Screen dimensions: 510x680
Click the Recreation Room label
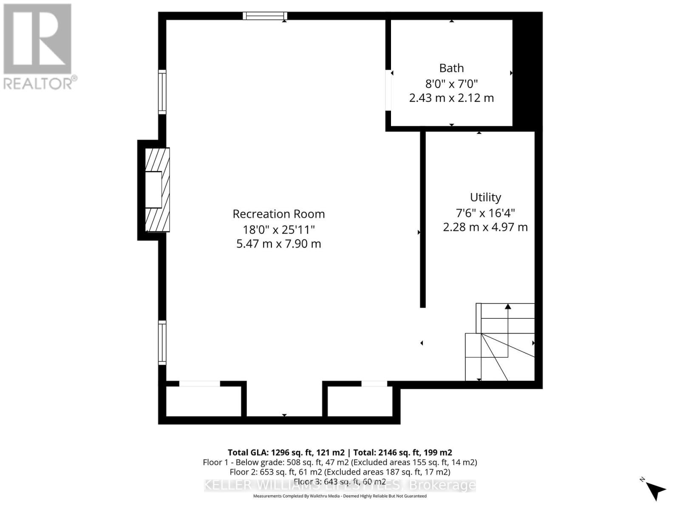click(278, 214)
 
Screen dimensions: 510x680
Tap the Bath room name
click(451, 68)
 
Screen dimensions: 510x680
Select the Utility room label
click(485, 197)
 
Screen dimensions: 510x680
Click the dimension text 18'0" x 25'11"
click(278, 229)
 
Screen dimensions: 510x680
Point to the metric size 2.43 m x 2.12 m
click(451, 98)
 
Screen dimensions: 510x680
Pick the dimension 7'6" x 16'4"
click(485, 212)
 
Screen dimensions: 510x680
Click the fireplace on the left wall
click(156, 190)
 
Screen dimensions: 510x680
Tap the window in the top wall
click(265, 16)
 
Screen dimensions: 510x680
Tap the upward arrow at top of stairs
click(507, 306)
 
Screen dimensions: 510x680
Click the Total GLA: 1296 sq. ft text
click(286, 452)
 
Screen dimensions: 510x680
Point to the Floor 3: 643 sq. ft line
click(340, 482)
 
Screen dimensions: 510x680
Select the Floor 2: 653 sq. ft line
click(340, 472)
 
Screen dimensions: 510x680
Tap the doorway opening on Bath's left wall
click(388, 91)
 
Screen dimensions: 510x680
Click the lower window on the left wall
click(162, 343)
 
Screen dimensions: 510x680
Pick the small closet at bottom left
click(203, 401)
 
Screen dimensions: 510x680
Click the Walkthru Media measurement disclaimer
click(340, 496)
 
